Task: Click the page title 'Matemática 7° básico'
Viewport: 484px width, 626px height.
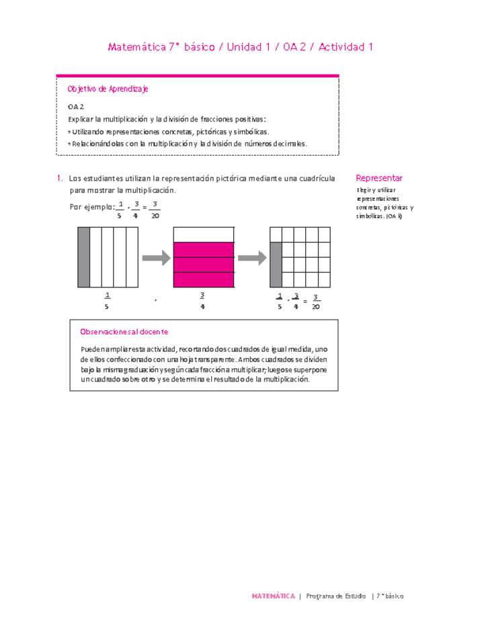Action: click(161, 47)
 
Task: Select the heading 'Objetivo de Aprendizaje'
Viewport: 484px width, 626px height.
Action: click(108, 89)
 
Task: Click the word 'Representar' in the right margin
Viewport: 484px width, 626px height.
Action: click(379, 178)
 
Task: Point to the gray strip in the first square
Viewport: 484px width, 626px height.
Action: click(83, 258)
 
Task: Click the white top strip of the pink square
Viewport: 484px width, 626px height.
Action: click(204, 234)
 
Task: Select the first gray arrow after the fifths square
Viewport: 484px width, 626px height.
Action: click(156, 258)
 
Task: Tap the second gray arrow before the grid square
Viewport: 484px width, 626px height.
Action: click(252, 258)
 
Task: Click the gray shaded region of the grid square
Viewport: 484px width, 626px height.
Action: click(276, 265)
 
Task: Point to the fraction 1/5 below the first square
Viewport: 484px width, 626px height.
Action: click(107, 300)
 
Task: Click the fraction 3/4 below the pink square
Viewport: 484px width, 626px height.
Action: click(202, 300)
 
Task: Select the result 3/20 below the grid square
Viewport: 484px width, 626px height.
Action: click(315, 302)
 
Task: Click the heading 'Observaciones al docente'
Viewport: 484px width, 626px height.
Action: click(124, 332)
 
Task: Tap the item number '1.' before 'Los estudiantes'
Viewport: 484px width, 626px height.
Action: click(61, 179)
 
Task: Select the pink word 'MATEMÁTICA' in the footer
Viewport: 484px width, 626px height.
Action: click(273, 596)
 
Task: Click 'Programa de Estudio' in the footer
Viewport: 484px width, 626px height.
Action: click(335, 596)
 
